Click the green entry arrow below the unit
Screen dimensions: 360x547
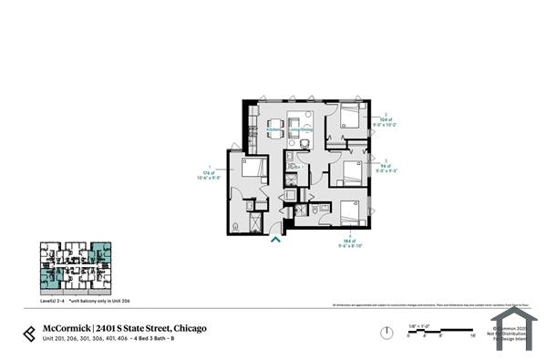tap(276, 240)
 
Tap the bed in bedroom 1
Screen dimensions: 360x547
tap(254, 168)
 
